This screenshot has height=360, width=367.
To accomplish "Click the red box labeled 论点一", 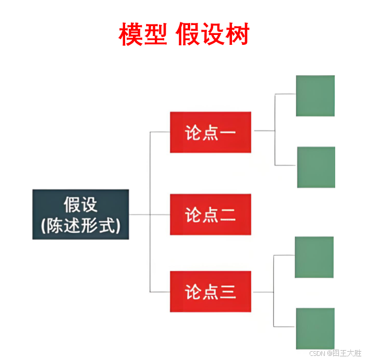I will pos(211,132).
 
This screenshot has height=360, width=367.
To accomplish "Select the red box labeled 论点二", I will pos(211,214).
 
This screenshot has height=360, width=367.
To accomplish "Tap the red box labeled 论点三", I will pos(211,291).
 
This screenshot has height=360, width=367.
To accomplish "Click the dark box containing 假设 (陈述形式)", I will pos(80,214).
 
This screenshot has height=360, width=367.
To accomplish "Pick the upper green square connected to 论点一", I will pos(315,95).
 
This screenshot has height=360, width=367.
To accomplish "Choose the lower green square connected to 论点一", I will pos(316,167).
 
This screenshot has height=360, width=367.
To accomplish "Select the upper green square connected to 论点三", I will pos(314,257).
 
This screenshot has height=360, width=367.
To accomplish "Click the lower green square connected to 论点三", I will pos(315,328).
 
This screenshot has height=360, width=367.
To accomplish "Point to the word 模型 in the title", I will pos(142,35).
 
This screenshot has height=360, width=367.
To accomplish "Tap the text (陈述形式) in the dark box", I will pos(80,225).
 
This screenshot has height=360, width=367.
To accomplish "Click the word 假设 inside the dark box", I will pos(80,204).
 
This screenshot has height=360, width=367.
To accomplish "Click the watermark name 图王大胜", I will pos(347,353).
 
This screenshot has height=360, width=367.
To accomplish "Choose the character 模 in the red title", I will pos(130,35).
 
